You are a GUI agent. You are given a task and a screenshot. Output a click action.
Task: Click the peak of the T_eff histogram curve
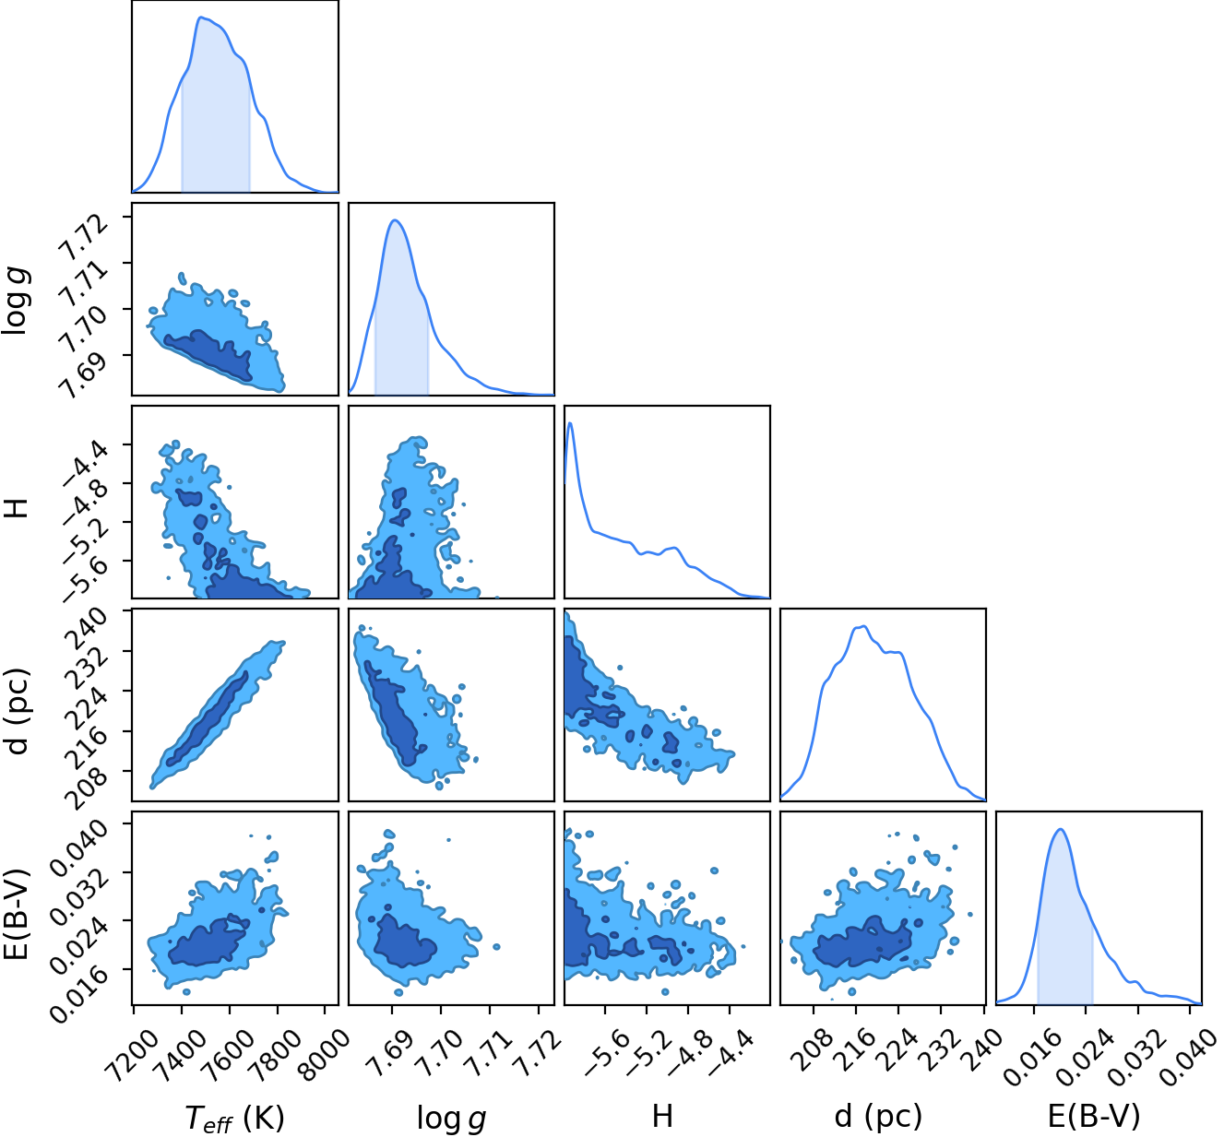pos(200,18)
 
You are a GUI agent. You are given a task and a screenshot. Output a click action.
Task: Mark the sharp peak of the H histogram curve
pos(570,422)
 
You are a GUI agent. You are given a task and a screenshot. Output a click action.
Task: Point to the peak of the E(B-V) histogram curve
pos(1060,829)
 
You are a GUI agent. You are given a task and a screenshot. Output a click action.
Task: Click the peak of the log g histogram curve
pos(395,220)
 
